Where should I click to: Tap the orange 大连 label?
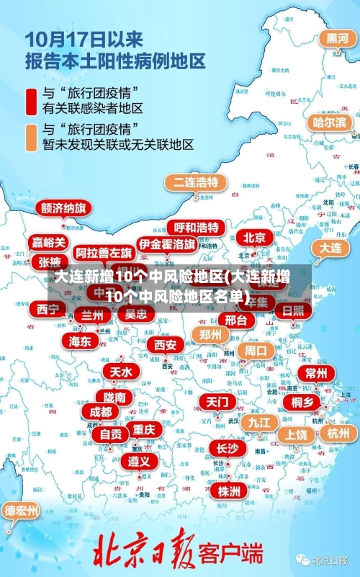click(330, 247)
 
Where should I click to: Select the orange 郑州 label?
click(210, 334)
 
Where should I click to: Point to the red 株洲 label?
click(229, 471)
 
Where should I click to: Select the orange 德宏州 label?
click(22, 511)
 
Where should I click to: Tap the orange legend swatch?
click(31, 137)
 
